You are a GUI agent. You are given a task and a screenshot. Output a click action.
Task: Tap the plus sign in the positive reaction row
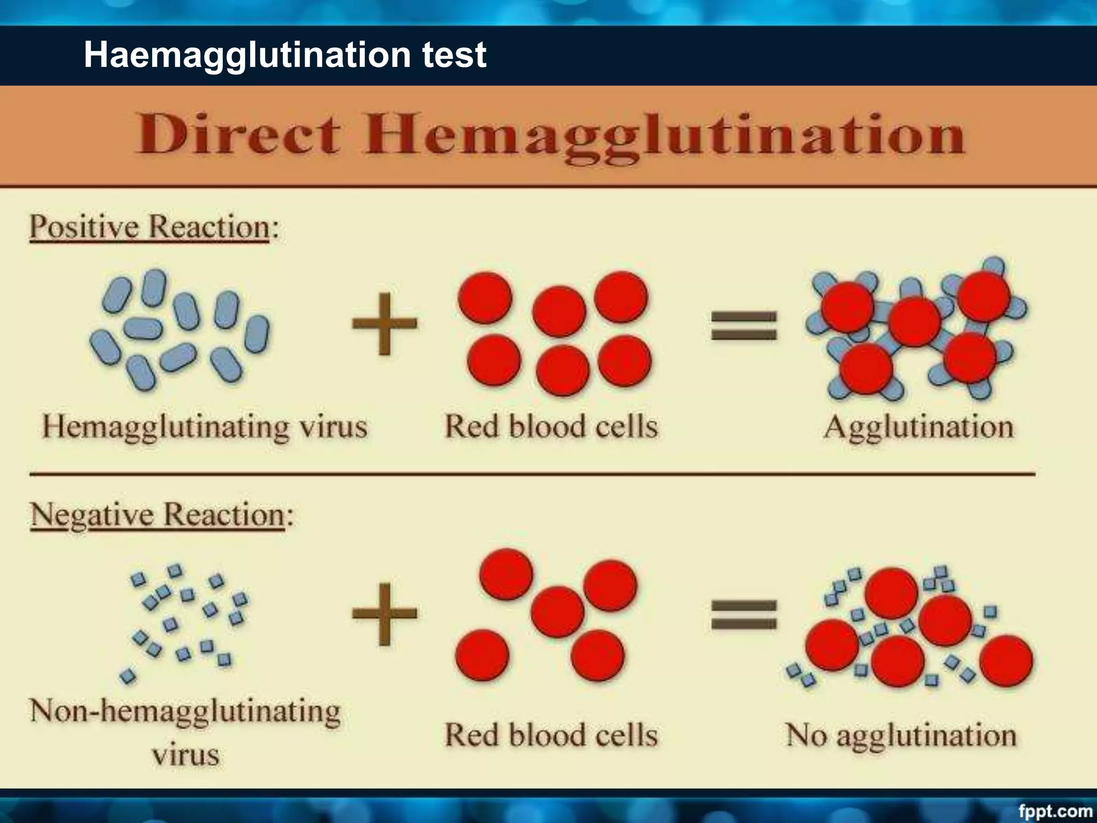[384, 324]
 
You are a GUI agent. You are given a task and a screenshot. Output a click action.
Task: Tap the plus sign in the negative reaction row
[384, 613]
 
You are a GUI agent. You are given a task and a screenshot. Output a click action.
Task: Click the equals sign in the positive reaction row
[743, 326]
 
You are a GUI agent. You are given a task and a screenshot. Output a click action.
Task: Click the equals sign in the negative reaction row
[743, 614]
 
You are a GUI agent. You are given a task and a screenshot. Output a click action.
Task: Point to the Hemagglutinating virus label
[205, 428]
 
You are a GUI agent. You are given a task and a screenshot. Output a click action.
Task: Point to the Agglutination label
[919, 428]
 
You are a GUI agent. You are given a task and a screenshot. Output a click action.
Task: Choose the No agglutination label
[901, 735]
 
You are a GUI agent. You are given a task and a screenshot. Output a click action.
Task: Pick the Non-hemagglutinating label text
[185, 712]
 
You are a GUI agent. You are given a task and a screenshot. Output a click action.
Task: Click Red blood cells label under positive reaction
[551, 428]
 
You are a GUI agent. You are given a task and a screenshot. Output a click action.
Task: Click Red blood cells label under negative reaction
[551, 735]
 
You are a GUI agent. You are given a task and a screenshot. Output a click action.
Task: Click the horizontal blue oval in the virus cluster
[143, 328]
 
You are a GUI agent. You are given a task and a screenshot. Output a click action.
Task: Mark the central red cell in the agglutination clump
[915, 321]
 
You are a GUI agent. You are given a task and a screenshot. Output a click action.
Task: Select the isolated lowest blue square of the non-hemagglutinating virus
[128, 676]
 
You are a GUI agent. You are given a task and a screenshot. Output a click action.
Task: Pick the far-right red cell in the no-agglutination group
[1006, 660]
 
